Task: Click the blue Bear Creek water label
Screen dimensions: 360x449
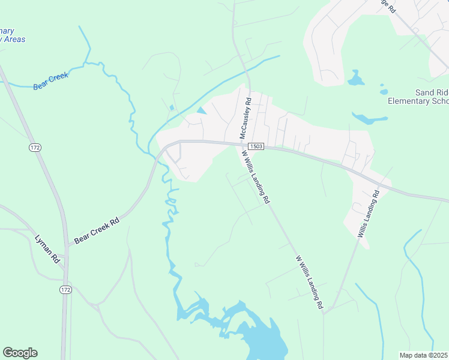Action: coord(51,80)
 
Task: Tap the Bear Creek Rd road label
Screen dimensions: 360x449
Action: coord(97,231)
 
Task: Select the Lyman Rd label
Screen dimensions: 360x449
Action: coord(47,248)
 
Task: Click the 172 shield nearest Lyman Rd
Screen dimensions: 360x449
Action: coord(65,290)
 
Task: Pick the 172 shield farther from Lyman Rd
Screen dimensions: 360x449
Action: coord(35,147)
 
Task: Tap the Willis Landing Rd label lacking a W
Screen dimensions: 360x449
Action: coord(369,214)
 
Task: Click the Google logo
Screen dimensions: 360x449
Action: coord(20,353)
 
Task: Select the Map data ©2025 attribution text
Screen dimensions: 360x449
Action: coord(424,355)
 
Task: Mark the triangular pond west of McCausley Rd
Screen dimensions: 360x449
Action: coord(200,110)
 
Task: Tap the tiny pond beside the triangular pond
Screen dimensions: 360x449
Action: coord(172,108)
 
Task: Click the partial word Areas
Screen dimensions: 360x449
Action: coord(13,39)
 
